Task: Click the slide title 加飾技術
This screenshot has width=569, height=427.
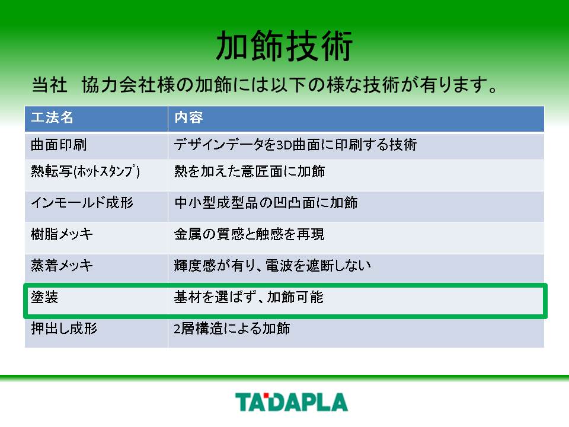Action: [x=284, y=46]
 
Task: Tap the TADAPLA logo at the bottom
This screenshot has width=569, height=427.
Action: [x=292, y=402]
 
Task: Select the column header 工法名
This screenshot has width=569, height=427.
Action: [x=52, y=117]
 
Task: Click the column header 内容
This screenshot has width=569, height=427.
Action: [x=188, y=117]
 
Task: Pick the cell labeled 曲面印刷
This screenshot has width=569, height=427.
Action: [x=59, y=145]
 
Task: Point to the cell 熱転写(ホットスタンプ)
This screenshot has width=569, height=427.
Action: [x=85, y=171]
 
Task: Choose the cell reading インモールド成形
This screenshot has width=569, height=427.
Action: [x=82, y=202]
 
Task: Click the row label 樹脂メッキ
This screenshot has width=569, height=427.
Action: [x=62, y=234]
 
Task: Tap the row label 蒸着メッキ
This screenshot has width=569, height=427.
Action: [x=62, y=266]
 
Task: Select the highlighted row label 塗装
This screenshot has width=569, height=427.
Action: [x=44, y=297]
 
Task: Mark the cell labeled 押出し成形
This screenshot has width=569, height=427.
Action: [x=64, y=328]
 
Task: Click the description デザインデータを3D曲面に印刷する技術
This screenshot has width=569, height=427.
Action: [x=295, y=145]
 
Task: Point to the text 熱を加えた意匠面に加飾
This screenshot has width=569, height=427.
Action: [x=250, y=171]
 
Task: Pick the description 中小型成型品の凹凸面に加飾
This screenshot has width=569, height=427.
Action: [x=266, y=202]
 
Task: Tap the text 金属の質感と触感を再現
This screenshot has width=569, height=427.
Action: [x=250, y=234]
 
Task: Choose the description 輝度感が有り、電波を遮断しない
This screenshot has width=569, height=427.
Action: [x=273, y=266]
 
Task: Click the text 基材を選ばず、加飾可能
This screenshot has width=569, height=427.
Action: [x=248, y=297]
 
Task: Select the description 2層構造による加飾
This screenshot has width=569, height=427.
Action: [x=232, y=328]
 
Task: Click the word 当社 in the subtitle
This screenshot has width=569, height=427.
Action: [x=49, y=85]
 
